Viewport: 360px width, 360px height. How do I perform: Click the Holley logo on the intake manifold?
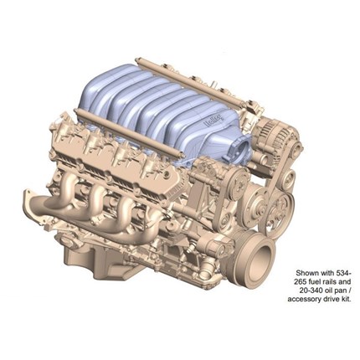coord(215,121)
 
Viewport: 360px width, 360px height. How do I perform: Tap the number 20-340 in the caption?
coord(310,291)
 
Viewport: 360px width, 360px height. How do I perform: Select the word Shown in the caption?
coord(306,273)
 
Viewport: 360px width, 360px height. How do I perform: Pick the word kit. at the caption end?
coord(345,300)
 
